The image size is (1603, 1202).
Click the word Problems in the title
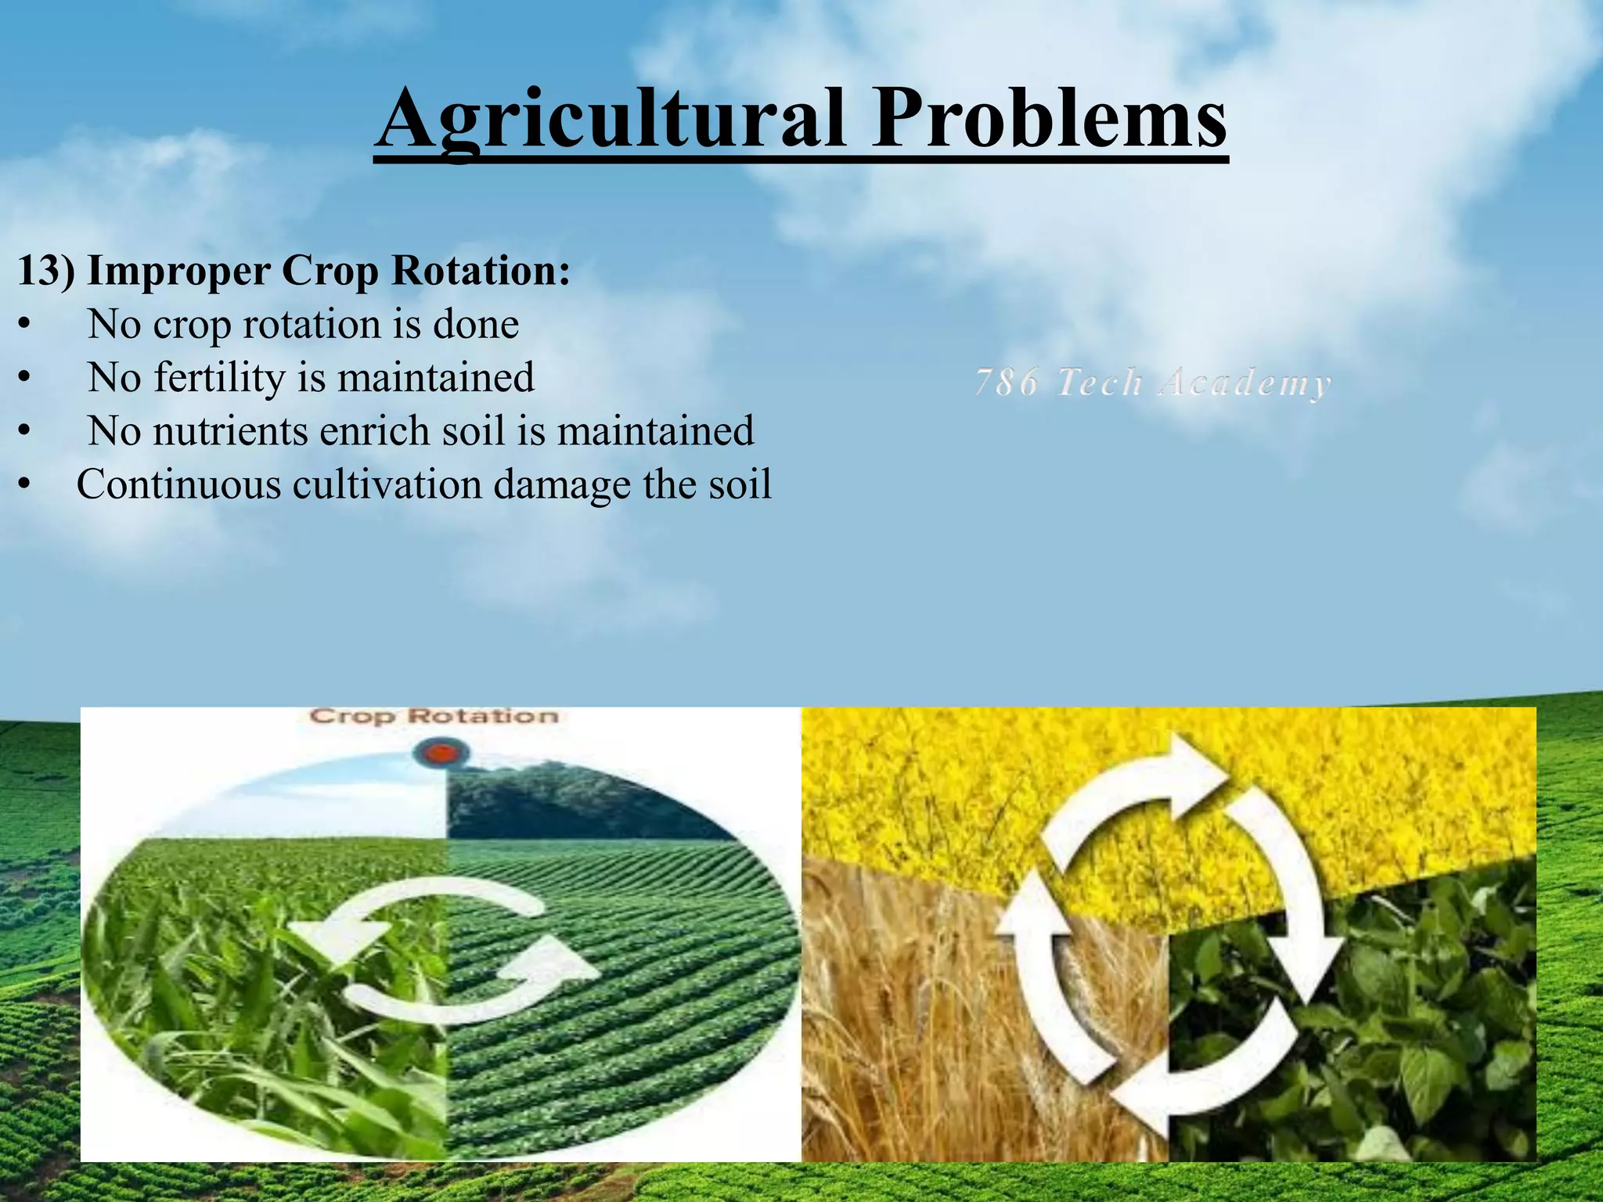click(1049, 119)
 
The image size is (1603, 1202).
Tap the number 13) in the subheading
click(45, 271)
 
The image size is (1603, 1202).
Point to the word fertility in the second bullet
click(218, 378)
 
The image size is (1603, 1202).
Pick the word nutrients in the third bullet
click(230, 431)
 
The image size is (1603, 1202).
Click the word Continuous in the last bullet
click(178, 484)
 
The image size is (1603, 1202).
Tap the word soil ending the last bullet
click(740, 484)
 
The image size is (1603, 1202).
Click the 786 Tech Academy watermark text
click(1152, 383)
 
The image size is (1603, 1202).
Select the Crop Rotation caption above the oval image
click(434, 716)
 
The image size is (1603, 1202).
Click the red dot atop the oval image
click(441, 754)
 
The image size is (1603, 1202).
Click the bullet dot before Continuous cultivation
click(25, 486)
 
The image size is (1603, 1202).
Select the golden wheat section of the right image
click(900, 1017)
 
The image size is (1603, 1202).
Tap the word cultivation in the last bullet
click(387, 484)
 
